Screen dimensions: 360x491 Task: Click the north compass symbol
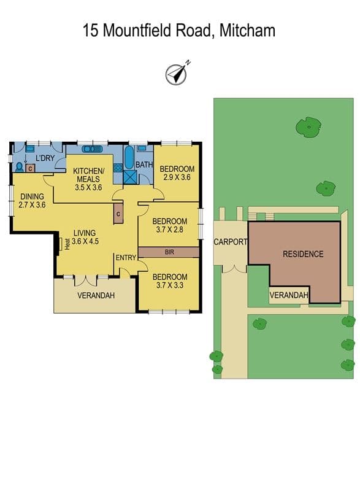coord(176,74)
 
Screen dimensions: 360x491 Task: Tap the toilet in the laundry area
coord(20,167)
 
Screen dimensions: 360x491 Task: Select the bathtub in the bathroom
coord(129,158)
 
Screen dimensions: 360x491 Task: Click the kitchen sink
coord(92,149)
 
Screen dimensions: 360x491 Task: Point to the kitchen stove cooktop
coord(118,168)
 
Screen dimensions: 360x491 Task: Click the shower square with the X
coord(130,177)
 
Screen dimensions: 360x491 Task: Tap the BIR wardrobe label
coord(169,252)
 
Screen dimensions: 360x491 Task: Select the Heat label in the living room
coord(67,244)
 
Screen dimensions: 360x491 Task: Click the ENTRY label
coord(126,258)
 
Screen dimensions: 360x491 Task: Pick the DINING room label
coord(32,196)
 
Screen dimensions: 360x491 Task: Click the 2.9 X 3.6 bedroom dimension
coord(177,177)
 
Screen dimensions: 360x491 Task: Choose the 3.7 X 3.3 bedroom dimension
coord(169,285)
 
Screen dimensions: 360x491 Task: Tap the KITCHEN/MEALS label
coord(88,175)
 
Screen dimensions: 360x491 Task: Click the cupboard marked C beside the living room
coord(118,214)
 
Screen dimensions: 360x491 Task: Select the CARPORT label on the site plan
coord(231,242)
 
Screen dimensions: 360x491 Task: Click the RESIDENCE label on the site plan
coord(303,254)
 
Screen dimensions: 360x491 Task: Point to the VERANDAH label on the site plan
coord(289,295)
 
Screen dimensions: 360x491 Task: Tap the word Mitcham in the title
coord(247,31)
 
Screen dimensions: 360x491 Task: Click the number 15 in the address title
coord(90,31)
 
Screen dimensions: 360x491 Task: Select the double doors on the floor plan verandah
coord(85,280)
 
